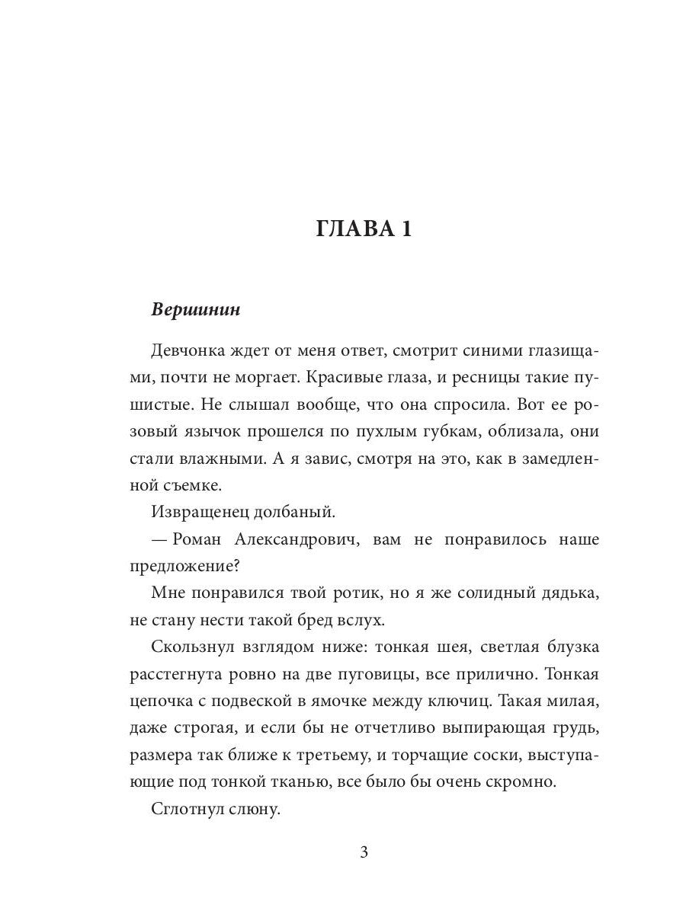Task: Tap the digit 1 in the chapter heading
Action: (x=404, y=228)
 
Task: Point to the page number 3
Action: (x=364, y=852)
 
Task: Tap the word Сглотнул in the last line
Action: (x=188, y=812)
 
